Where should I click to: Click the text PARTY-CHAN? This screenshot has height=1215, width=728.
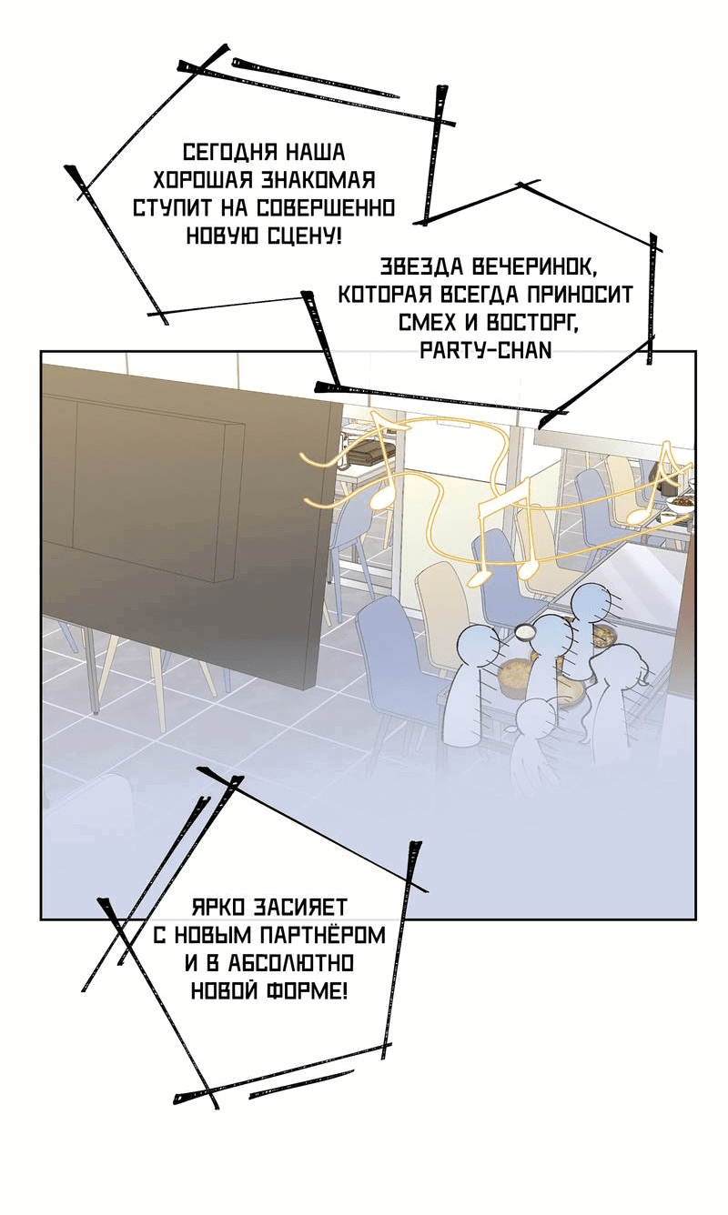click(x=486, y=351)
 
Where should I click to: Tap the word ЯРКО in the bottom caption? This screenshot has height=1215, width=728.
click(x=218, y=907)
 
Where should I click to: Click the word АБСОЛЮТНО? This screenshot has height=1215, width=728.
click(x=290, y=963)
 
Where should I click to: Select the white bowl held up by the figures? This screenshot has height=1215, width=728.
click(x=524, y=631)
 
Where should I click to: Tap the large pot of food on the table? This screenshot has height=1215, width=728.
click(x=519, y=673)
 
